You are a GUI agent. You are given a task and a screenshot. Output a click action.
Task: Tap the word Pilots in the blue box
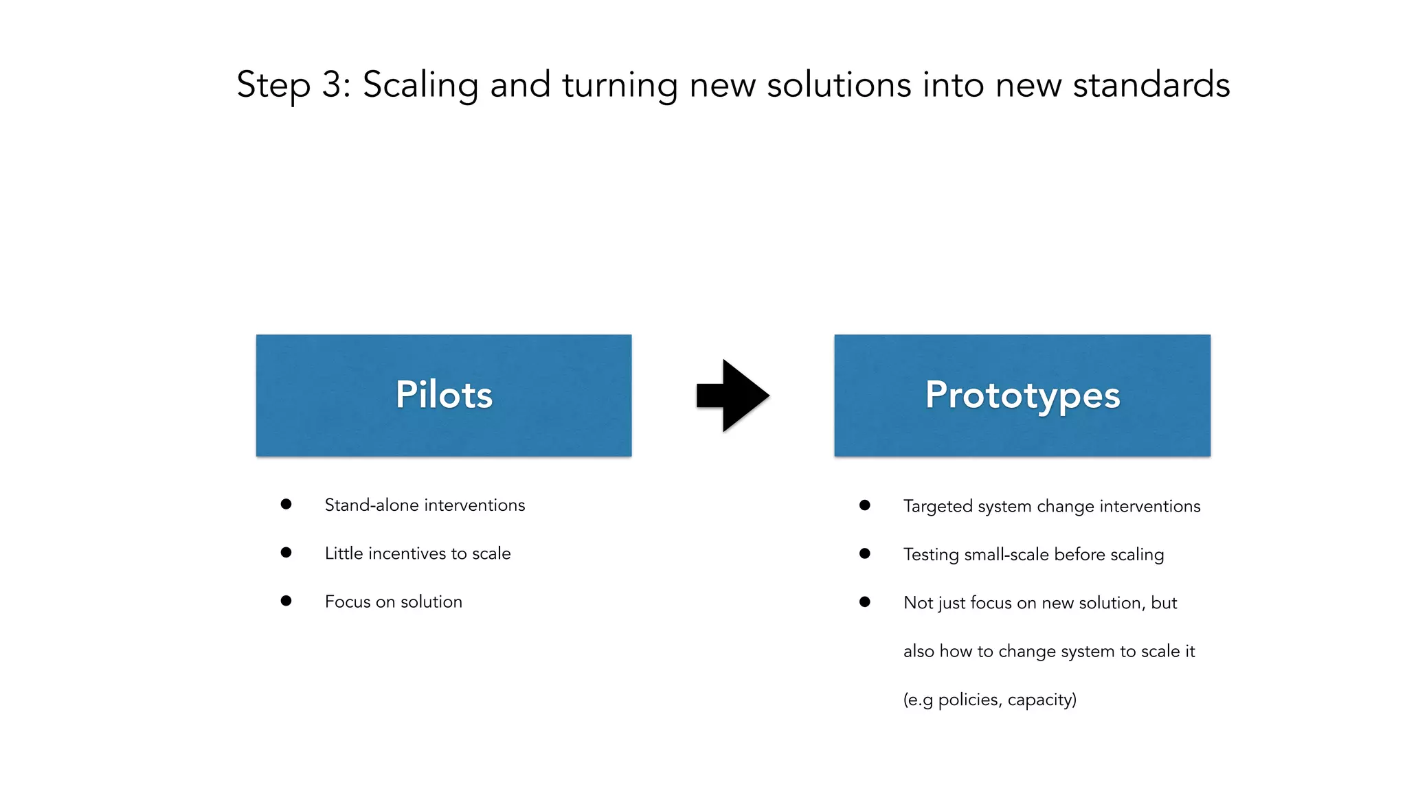coord(444,395)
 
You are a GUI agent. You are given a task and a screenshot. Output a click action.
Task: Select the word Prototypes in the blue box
coord(1022,395)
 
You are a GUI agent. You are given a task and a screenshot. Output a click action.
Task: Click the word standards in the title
coord(1151,85)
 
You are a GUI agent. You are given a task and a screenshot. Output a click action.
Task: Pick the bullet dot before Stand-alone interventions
coord(286,505)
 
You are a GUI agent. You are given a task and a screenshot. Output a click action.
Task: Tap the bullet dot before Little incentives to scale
coord(286,553)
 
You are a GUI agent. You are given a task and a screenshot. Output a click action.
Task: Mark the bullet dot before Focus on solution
coord(286,601)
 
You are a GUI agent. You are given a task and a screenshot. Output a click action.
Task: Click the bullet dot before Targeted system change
coord(865,505)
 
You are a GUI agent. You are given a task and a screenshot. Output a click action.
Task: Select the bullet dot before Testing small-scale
coord(865,553)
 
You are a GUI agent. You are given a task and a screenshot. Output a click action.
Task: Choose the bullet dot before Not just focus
coord(865,602)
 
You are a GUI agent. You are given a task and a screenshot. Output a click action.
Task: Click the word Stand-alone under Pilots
coord(371,505)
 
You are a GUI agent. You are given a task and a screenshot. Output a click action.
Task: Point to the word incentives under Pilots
coord(405,553)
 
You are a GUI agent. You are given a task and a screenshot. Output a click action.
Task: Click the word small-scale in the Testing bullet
coord(1006,555)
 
